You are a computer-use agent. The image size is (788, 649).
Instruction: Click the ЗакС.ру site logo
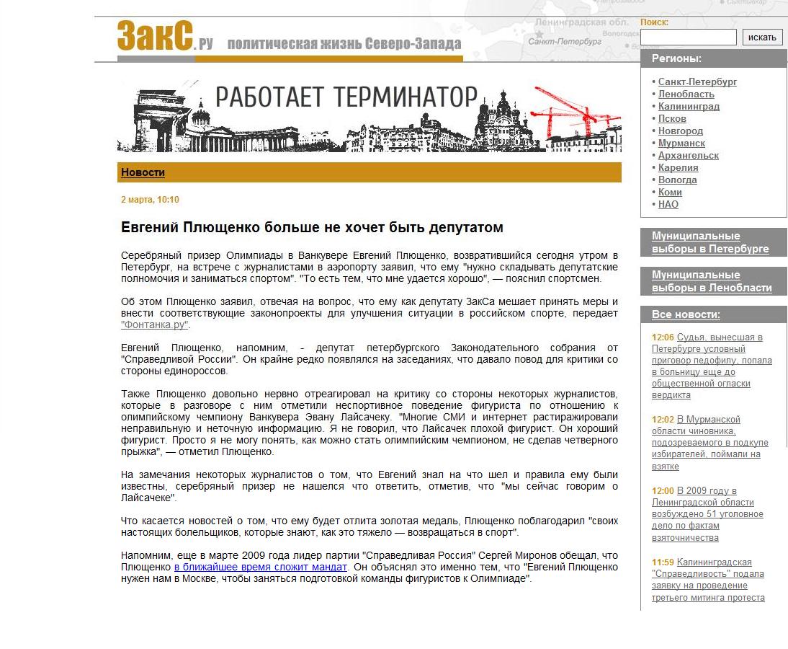(165, 37)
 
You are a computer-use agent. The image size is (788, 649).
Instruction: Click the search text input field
(688, 37)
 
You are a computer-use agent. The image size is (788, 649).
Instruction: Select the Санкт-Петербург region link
(697, 82)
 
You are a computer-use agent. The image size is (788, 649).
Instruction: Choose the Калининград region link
(688, 107)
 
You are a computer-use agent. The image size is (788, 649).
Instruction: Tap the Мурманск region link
(681, 144)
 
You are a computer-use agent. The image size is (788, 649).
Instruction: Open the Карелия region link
(678, 168)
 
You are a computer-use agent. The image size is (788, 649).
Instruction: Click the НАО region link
(668, 205)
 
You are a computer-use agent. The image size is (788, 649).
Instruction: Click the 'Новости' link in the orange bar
(143, 172)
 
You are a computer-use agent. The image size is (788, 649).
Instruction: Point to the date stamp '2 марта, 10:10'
(150, 200)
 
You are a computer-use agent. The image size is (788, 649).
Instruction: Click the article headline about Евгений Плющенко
(312, 228)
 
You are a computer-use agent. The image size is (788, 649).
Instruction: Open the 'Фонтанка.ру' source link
(154, 325)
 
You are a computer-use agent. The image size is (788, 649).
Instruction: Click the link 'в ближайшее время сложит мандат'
(261, 568)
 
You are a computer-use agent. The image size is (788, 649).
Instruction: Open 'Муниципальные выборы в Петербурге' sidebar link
(709, 242)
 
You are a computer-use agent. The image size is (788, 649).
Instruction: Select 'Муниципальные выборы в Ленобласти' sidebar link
(711, 281)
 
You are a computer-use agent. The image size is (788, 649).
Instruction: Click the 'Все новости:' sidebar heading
(685, 314)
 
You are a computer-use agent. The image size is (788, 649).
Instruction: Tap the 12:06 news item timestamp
(662, 337)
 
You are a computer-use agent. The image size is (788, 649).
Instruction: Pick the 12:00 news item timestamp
(662, 491)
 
